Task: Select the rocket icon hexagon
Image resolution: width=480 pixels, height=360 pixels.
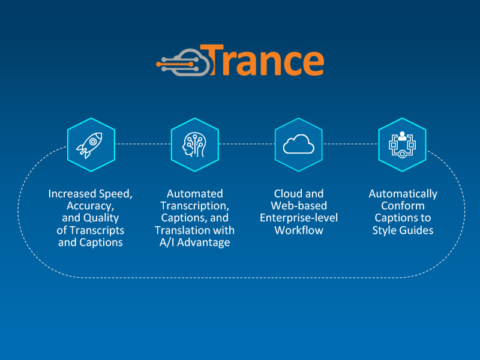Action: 91,144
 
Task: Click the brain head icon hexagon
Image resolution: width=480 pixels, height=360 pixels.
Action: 195,144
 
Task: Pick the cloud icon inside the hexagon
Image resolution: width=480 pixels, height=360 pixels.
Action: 299,144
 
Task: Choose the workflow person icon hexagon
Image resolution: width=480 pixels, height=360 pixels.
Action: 402,144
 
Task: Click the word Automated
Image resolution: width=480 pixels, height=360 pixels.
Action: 195,194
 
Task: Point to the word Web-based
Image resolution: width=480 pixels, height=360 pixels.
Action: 299,206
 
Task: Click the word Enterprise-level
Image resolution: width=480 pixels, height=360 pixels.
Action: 299,218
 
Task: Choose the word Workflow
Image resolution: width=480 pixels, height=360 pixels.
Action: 299,230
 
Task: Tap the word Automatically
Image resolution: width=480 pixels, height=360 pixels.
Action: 403,194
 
